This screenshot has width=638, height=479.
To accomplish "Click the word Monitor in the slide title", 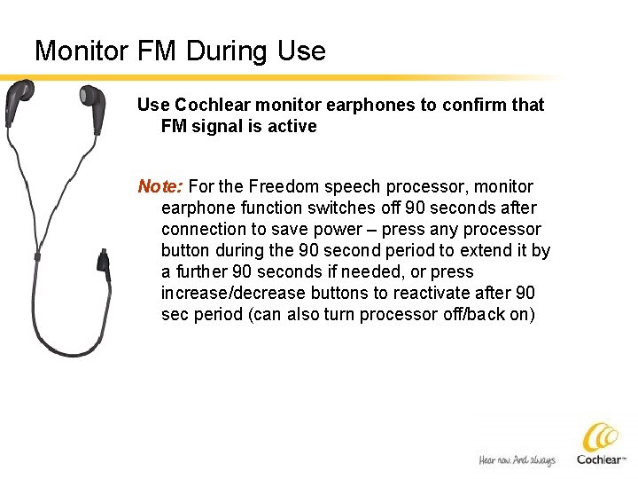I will click(x=82, y=51).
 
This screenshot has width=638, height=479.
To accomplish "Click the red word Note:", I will click(x=160, y=186).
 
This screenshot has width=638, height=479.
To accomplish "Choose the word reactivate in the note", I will click(x=425, y=293).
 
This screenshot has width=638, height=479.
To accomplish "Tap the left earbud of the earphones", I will click(x=20, y=93).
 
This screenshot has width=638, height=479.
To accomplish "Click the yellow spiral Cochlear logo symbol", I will click(x=602, y=437).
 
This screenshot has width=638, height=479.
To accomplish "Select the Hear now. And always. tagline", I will click(x=517, y=459).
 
